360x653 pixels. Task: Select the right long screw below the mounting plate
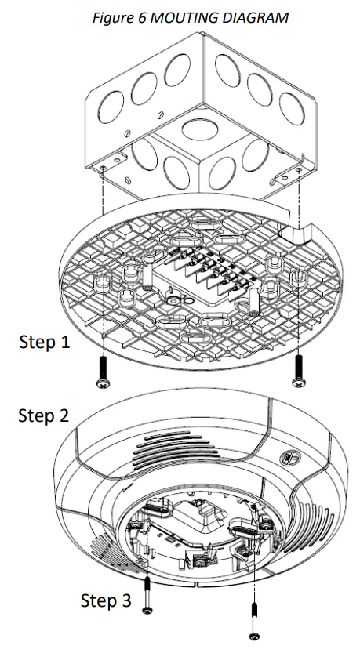pos(299,369)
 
